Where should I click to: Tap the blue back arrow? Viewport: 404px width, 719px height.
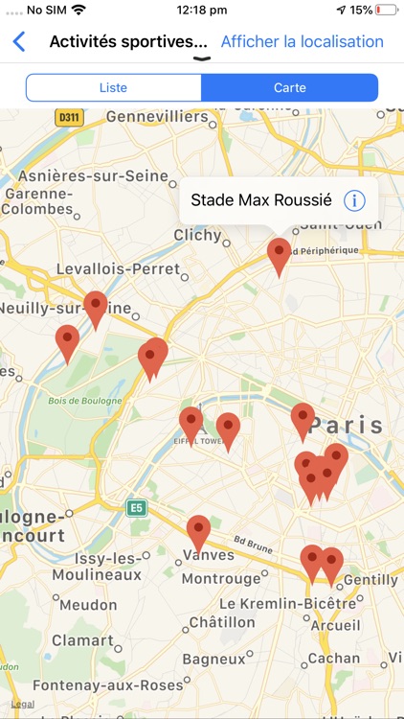(18, 42)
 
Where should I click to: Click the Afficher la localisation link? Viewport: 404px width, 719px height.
(302, 42)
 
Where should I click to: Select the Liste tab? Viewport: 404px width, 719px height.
(113, 87)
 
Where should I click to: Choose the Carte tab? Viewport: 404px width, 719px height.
(289, 87)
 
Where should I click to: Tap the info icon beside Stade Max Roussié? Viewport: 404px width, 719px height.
(354, 200)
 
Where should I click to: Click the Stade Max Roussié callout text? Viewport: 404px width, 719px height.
(261, 200)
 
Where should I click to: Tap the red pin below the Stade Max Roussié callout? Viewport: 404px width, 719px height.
(279, 255)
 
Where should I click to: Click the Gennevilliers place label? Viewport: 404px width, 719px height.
(157, 117)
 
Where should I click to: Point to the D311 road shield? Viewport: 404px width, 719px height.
(69, 118)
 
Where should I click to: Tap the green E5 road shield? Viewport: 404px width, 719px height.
(138, 507)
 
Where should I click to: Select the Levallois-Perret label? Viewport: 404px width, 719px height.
(118, 269)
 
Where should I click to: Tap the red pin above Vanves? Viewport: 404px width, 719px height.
(198, 531)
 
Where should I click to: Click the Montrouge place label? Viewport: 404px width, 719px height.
(220, 579)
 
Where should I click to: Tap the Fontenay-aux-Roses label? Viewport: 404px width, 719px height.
(107, 685)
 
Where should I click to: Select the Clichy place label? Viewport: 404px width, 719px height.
(198, 235)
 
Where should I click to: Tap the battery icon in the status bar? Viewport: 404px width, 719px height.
(387, 10)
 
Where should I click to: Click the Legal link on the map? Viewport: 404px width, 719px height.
(22, 705)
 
